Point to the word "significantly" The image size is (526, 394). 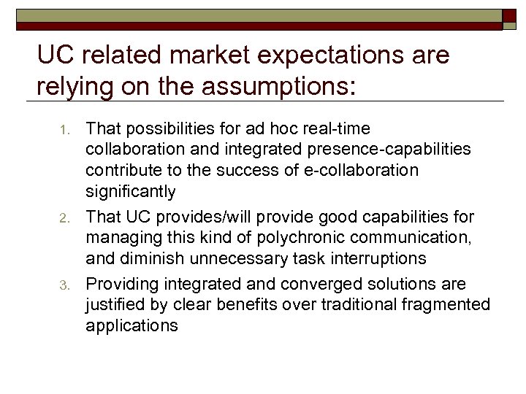tap(131, 192)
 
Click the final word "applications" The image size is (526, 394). tap(131, 325)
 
